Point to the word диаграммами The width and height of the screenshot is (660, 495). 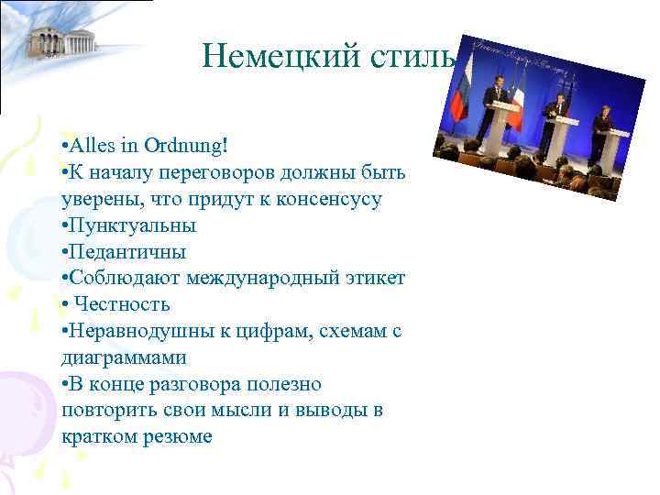point(123,357)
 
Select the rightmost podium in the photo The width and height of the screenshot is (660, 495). point(614,147)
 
